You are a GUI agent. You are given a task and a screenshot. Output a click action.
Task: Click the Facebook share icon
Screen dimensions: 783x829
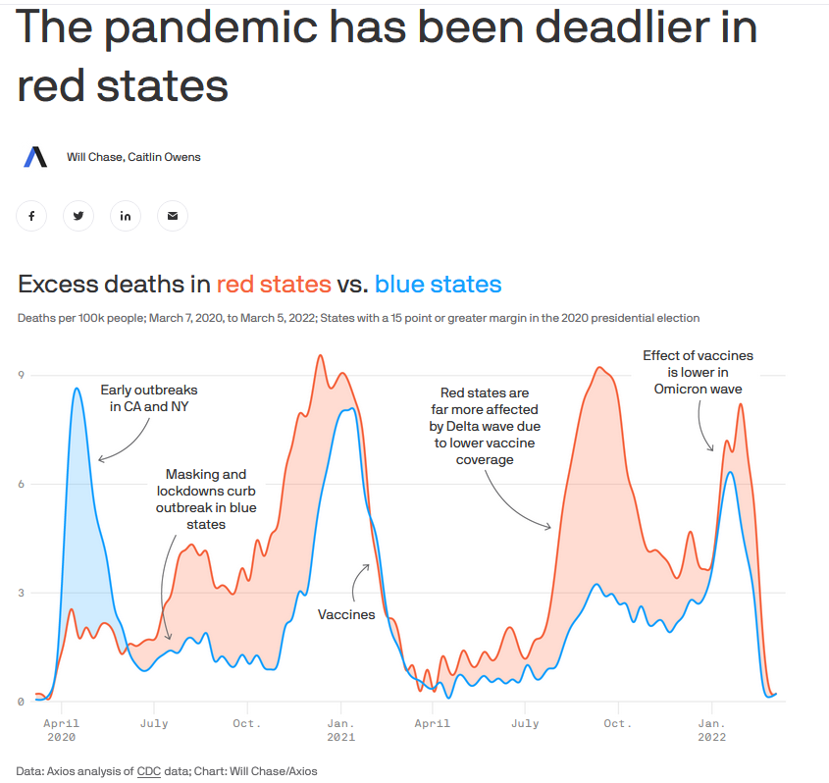[x=31, y=216]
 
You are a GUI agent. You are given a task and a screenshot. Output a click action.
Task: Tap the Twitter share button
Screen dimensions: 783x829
[x=78, y=216]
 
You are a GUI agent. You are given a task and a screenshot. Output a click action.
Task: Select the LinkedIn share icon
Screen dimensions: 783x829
[x=126, y=216]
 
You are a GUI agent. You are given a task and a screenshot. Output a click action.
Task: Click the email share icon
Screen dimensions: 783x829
[x=173, y=216]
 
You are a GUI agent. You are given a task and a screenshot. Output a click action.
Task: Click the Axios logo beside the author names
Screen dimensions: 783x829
[x=35, y=157]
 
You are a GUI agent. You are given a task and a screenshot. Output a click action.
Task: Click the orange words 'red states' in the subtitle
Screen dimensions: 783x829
[x=274, y=285]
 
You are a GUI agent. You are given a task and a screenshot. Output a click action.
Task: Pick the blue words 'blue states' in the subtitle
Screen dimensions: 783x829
[x=439, y=285]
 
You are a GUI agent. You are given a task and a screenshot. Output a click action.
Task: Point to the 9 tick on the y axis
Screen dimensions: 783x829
[x=20, y=375]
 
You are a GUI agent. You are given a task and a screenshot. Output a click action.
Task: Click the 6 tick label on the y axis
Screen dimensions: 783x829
[x=20, y=484]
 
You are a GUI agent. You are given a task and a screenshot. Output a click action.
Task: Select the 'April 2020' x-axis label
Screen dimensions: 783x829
[x=62, y=730]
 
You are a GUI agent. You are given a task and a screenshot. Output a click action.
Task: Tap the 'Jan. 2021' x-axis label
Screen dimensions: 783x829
[x=340, y=730]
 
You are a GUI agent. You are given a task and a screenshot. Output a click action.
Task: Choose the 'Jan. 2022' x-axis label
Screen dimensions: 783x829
[x=712, y=730]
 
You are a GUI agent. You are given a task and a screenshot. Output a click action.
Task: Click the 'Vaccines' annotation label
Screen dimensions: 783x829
[x=346, y=614]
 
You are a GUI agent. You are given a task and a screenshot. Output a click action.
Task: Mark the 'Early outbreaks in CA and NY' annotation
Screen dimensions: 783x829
[x=149, y=397]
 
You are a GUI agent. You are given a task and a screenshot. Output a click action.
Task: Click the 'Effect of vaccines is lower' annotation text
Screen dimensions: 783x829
[x=698, y=372]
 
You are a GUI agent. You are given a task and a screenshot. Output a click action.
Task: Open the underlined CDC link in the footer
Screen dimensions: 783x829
[x=149, y=771]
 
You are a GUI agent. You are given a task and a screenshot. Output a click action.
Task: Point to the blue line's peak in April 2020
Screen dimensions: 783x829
[x=77, y=390]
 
